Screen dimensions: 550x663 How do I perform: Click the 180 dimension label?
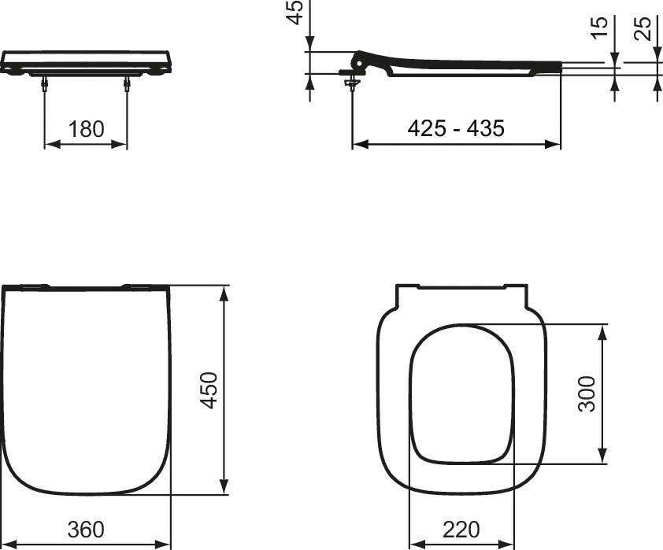tap(86, 129)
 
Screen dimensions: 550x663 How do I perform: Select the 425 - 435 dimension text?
tap(456, 128)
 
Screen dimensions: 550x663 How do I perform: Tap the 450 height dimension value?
tap(208, 390)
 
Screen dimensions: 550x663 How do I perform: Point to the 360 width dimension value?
tap(85, 530)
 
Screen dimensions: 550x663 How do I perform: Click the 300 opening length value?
tap(587, 393)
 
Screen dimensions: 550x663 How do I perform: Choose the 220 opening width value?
tap(462, 530)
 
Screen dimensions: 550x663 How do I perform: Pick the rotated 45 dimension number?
tap(294, 12)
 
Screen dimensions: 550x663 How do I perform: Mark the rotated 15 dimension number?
tap(600, 28)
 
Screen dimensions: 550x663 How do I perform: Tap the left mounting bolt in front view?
tap(45, 86)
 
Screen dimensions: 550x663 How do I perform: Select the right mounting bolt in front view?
tap(127, 86)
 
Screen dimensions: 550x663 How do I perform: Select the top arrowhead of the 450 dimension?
tap(225, 293)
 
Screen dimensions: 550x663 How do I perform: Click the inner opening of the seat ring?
tap(462, 393)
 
